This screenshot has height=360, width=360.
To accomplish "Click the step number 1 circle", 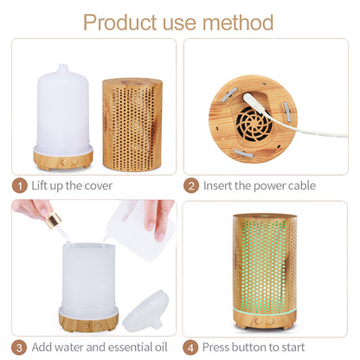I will click(x=19, y=185).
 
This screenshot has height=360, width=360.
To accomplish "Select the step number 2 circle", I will click(x=191, y=185).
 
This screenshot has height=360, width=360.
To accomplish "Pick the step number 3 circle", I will click(x=19, y=347).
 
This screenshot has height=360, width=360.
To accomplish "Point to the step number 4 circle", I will click(x=191, y=347).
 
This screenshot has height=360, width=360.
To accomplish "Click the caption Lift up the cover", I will click(x=74, y=185).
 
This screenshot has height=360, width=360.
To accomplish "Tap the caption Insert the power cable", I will click(x=259, y=185).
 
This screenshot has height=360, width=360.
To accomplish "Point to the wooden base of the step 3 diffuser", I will click(x=88, y=320).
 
